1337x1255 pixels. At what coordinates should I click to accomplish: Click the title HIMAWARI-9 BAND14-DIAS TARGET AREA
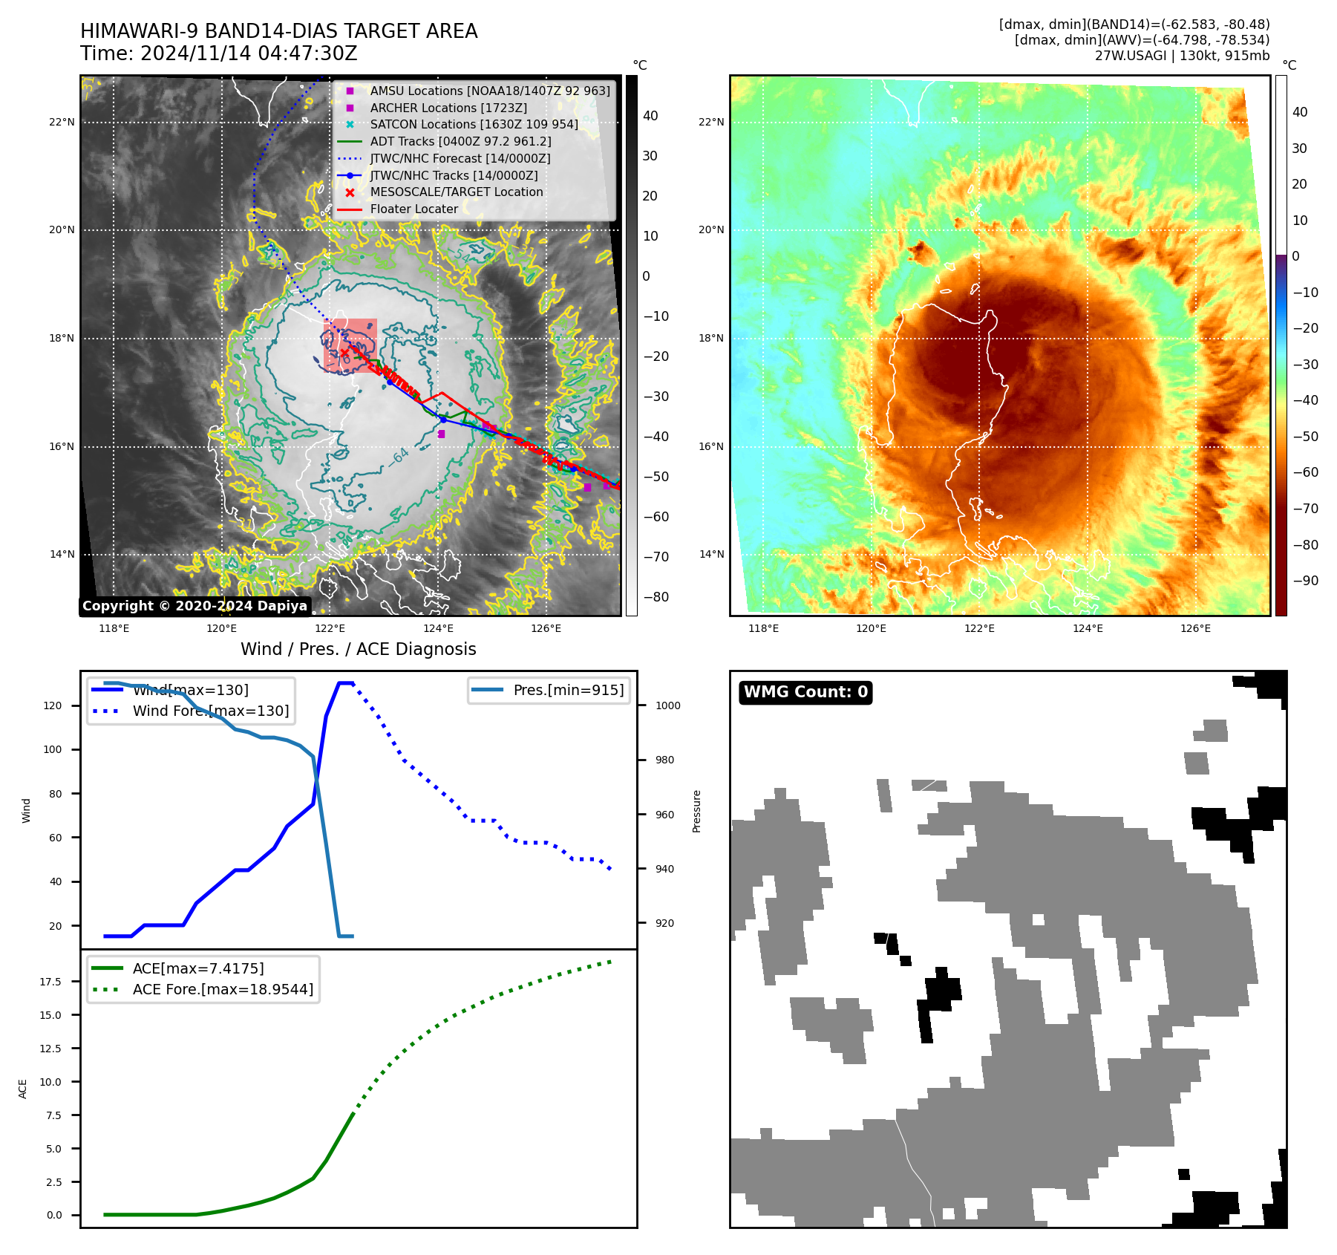coord(278,31)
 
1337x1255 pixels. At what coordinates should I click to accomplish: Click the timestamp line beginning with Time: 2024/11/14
coord(219,54)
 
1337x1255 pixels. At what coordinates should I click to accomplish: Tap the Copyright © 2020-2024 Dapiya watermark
coord(194,606)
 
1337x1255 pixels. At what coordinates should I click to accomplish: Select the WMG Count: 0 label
coord(805,692)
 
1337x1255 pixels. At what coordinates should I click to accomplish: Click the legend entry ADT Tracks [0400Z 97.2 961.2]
coord(460,141)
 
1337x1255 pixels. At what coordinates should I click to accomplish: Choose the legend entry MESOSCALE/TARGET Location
coord(457,192)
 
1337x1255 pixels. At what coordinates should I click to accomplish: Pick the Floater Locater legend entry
coord(413,209)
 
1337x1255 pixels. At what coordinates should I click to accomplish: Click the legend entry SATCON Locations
coord(474,124)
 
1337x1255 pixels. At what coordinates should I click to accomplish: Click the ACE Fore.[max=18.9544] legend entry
coord(223,989)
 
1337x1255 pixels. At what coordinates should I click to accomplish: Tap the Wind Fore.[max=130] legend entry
coord(211,711)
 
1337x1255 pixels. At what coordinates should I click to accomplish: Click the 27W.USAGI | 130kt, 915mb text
coord(1182,56)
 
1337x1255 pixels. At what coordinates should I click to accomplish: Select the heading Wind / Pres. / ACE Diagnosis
coord(359,649)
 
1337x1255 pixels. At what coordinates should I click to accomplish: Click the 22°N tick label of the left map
coord(62,122)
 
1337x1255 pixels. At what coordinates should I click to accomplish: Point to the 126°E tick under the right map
coord(1195,628)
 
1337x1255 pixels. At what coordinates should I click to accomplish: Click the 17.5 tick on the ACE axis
coord(50,982)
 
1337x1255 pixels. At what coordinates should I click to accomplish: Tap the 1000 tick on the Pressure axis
coord(667,705)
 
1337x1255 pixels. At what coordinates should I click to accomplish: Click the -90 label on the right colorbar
coord(1305,581)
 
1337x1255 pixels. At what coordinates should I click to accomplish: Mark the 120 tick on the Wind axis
coord(53,705)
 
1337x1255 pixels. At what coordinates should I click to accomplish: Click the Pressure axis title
coord(696,811)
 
